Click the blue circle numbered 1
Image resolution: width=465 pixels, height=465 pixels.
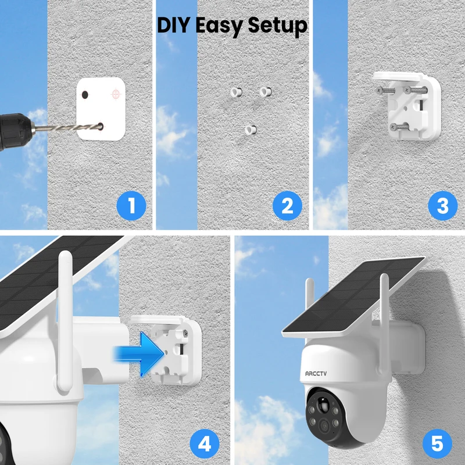(131, 206)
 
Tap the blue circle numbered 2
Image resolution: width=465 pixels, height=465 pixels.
(287, 206)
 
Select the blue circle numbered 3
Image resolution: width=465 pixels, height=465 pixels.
(443, 206)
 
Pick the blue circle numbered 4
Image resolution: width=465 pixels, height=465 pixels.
(205, 444)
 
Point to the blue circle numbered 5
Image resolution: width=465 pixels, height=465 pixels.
(438, 444)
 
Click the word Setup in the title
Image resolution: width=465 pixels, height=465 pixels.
(278, 26)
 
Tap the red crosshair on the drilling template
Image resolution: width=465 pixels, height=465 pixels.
(116, 94)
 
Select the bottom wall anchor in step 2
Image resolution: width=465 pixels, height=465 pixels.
(251, 130)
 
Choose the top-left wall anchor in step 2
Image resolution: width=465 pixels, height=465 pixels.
(237, 92)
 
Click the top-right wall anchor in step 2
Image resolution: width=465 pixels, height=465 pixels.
(266, 92)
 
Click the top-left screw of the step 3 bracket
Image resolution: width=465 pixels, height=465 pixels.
(385, 91)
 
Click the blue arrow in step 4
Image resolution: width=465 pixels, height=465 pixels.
(139, 354)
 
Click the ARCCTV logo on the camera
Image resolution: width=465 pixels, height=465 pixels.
(316, 374)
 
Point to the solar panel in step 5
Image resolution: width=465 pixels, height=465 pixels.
(353, 296)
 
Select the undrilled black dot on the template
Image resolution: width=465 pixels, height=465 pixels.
(85, 95)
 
